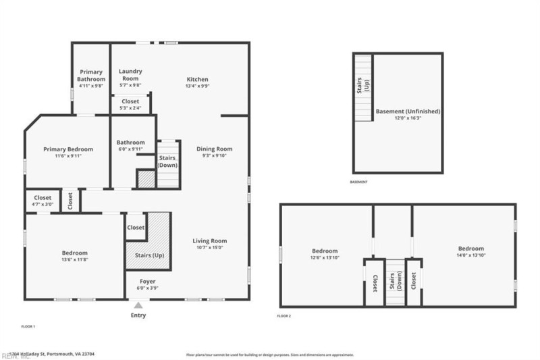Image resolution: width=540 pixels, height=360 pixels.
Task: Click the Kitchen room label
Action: point(198,79)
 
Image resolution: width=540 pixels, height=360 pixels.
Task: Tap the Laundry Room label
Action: point(130,74)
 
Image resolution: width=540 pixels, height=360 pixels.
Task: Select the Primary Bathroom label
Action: point(91,76)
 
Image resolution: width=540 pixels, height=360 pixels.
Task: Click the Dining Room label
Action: point(214,149)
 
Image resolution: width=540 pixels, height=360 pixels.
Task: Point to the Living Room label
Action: point(210,240)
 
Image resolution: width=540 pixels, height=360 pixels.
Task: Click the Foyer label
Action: point(148,281)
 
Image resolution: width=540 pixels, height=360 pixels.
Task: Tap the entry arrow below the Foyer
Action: point(138,305)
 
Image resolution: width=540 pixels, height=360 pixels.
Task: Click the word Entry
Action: point(138,315)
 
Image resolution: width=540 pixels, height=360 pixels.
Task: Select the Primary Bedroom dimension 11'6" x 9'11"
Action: point(68,156)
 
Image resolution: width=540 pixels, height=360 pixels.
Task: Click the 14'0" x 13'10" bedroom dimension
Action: point(470,257)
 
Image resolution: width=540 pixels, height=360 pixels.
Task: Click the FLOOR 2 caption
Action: point(284,316)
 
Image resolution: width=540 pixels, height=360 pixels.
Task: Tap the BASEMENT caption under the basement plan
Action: point(359,182)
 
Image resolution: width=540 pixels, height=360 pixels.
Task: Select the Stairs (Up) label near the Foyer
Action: point(149,256)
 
